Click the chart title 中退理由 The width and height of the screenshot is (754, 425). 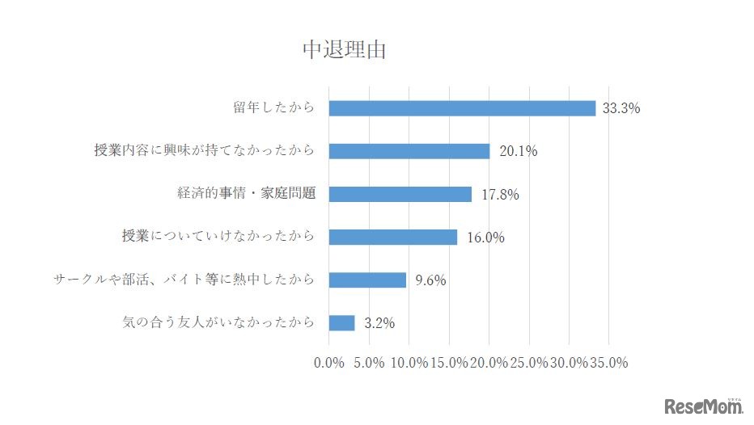pyautogui.click(x=344, y=50)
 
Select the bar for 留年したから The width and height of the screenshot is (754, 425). pyautogui.click(x=462, y=108)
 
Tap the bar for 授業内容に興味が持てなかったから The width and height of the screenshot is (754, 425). pyautogui.click(x=409, y=151)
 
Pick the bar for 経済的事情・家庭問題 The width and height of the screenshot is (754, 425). pyautogui.click(x=400, y=194)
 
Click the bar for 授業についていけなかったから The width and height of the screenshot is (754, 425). pyautogui.click(x=393, y=237)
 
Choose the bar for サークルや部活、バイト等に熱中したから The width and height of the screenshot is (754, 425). pyautogui.click(x=367, y=280)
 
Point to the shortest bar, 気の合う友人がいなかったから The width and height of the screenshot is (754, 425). pyautogui.click(x=342, y=322)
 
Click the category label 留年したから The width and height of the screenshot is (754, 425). pyautogui.click(x=273, y=108)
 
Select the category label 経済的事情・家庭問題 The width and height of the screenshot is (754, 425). pyautogui.click(x=246, y=194)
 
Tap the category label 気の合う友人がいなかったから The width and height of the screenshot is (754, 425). pyautogui.click(x=218, y=323)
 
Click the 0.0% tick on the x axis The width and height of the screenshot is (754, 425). pyautogui.click(x=329, y=363)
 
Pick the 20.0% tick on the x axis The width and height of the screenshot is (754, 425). pyautogui.click(x=489, y=363)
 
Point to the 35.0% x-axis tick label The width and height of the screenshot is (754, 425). pyautogui.click(x=608, y=363)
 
